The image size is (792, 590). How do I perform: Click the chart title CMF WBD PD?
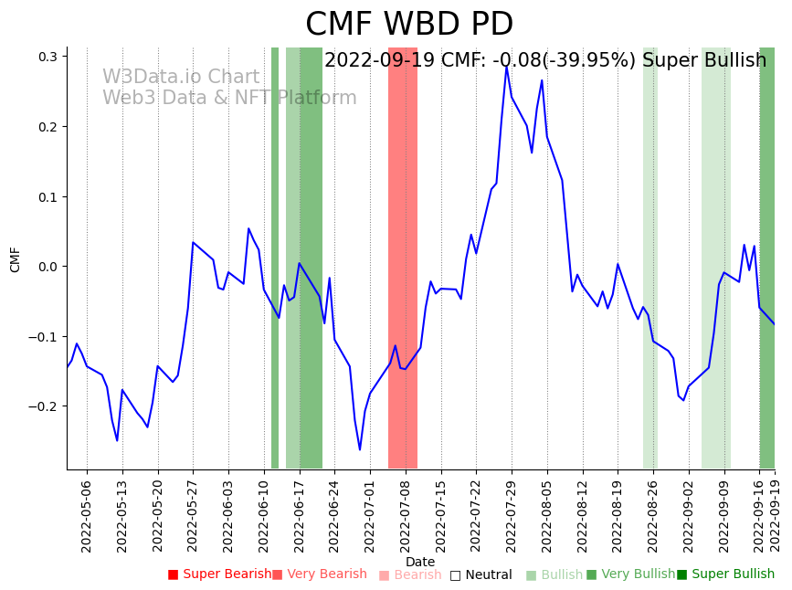[x=409, y=25]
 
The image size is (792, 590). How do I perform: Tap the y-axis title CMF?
[x=16, y=259]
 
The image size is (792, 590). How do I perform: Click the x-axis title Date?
[x=420, y=562]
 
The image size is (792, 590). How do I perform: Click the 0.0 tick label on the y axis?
[x=47, y=267]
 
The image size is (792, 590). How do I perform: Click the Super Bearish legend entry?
[x=220, y=574]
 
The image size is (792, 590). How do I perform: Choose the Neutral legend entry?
[x=480, y=575]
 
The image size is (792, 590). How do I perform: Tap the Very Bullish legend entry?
[x=631, y=574]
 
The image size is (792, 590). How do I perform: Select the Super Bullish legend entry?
[x=726, y=574]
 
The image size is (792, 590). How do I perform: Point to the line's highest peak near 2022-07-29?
[x=506, y=65]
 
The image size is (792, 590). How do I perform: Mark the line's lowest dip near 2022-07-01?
[x=360, y=449]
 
